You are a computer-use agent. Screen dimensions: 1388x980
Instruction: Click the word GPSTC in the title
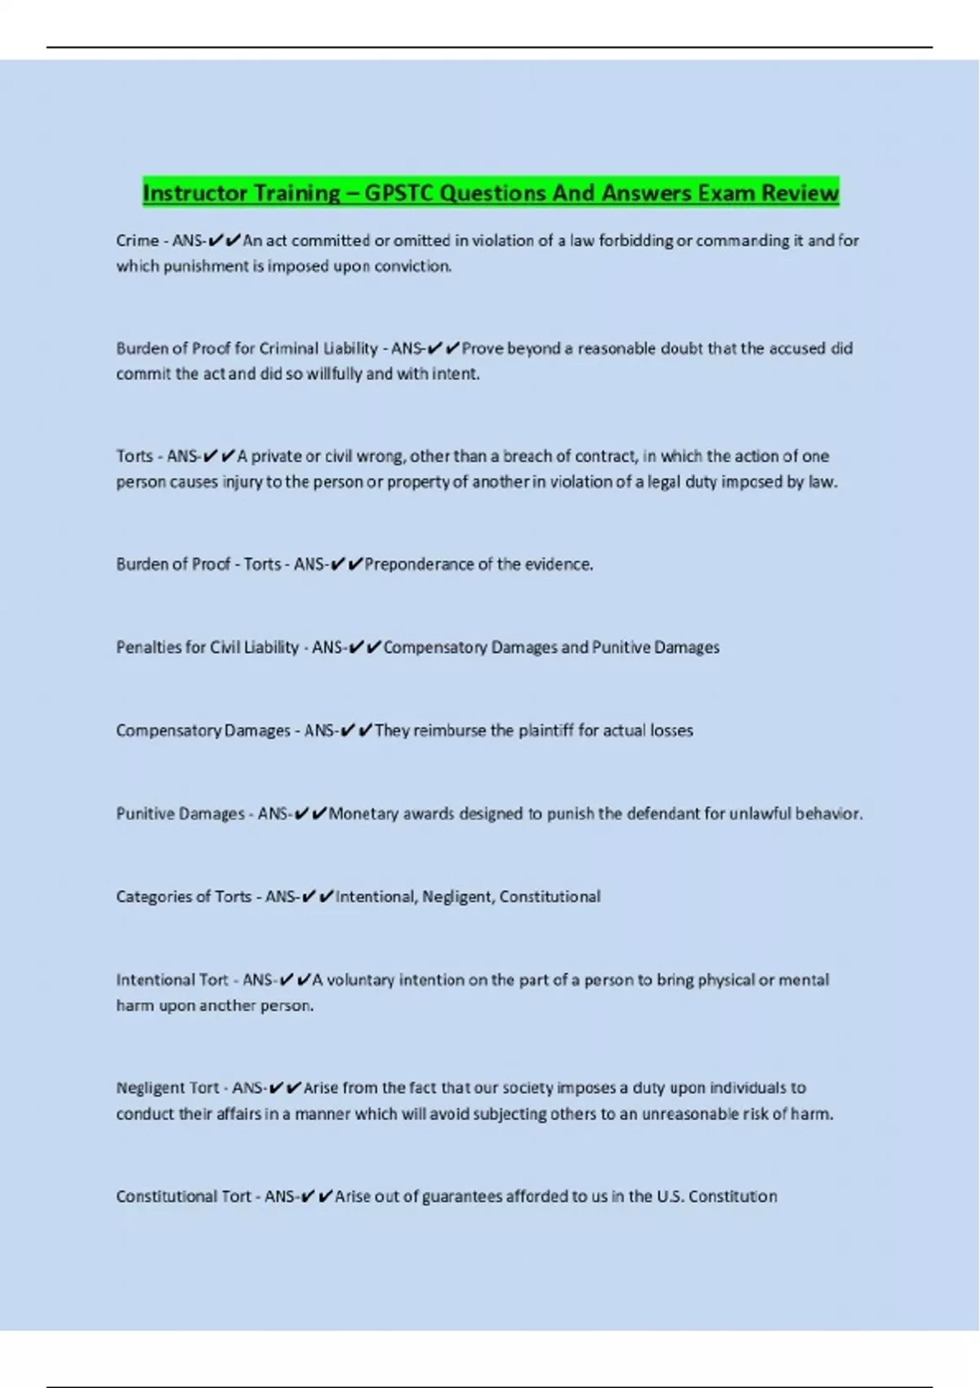[x=399, y=194]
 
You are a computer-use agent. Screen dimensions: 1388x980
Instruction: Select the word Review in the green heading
[x=800, y=194]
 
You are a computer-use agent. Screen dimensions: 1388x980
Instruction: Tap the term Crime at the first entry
[x=137, y=241]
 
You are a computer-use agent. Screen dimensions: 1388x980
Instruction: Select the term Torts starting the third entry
[x=134, y=456]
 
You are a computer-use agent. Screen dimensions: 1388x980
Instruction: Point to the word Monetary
[x=363, y=814]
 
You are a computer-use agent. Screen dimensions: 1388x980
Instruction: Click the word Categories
[x=150, y=897]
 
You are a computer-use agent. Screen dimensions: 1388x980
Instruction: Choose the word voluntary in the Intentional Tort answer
[x=360, y=981]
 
